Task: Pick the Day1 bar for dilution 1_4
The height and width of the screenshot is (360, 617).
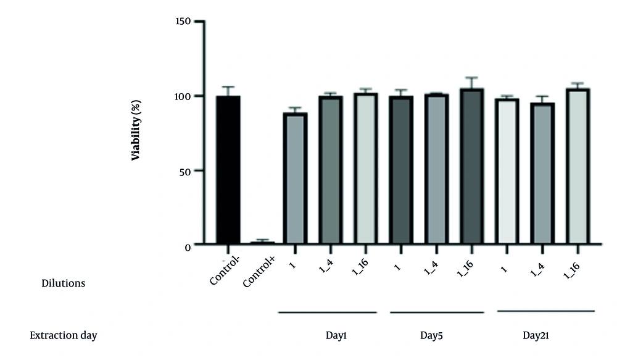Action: (331, 170)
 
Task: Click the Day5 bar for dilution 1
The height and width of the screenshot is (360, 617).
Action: (401, 170)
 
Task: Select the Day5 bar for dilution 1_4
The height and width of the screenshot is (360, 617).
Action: (436, 169)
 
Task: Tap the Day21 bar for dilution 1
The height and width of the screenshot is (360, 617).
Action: (507, 171)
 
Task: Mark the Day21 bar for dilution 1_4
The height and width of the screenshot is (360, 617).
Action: (542, 174)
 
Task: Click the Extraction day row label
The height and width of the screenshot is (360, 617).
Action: (64, 335)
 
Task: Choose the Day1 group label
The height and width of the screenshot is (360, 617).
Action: (336, 335)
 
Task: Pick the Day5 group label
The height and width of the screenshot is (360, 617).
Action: (431, 335)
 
